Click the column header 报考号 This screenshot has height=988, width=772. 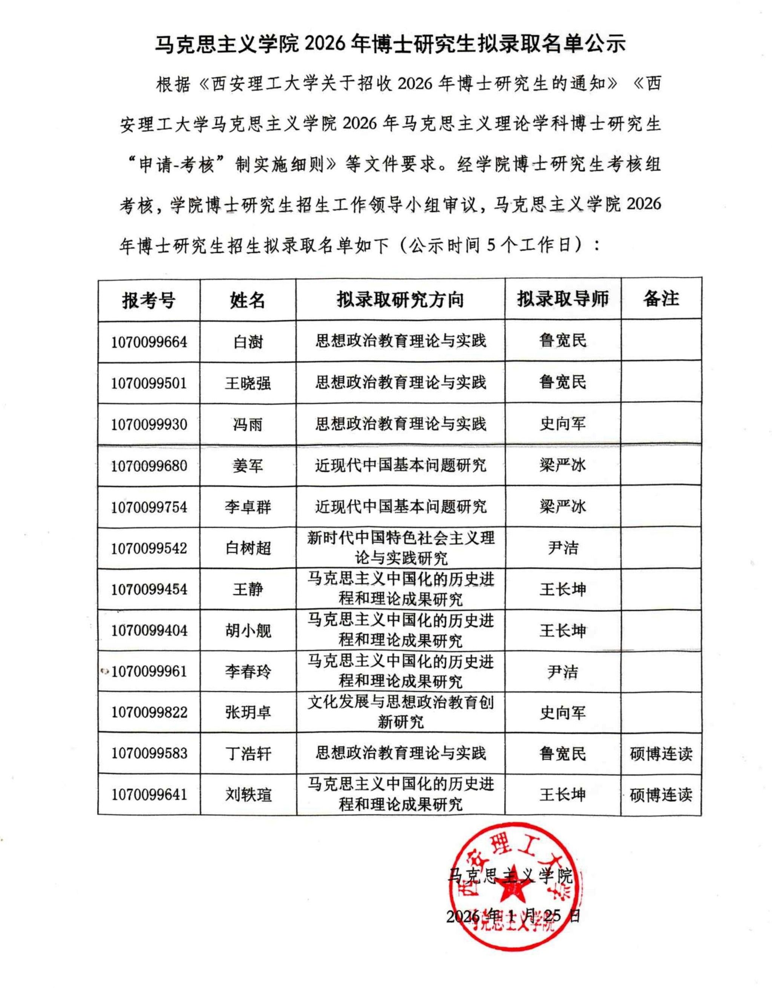149,300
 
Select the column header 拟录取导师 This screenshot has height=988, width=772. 563,299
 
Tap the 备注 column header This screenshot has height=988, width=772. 661,299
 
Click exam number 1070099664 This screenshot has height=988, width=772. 149,342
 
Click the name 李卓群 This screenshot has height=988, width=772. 248,507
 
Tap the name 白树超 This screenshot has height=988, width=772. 248,548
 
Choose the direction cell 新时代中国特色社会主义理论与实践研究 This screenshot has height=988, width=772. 401,548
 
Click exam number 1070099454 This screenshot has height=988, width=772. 149,589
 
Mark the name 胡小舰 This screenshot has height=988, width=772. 248,631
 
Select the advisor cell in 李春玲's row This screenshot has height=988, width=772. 563,672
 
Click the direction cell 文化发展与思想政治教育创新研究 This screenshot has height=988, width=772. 401,712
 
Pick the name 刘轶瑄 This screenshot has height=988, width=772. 248,795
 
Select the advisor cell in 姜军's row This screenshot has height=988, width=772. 563,465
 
